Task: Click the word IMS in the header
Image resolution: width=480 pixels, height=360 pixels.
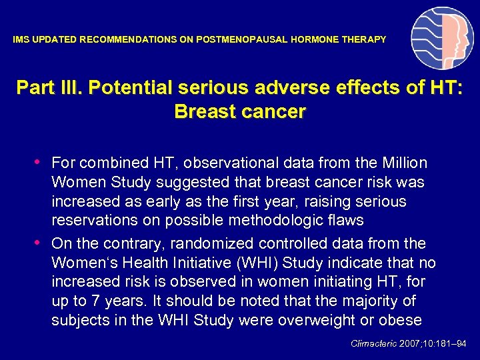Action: click(x=21, y=40)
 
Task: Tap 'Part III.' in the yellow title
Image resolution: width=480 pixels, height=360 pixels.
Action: click(x=49, y=88)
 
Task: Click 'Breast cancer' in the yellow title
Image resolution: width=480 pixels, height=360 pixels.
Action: click(x=239, y=111)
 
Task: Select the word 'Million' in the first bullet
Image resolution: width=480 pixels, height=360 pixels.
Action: click(x=404, y=163)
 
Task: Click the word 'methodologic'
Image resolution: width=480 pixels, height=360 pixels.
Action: click(x=280, y=221)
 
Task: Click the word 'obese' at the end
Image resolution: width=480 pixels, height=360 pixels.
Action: click(x=400, y=321)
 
